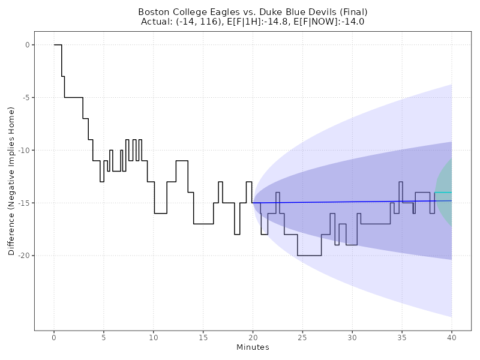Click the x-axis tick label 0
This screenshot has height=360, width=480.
tap(54, 338)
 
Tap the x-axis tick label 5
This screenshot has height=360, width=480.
tap(104, 338)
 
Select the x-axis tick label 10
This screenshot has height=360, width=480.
tap(154, 338)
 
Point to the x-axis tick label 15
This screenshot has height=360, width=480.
tap(203, 338)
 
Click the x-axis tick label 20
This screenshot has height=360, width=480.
tap(253, 338)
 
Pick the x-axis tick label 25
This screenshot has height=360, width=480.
tap(302, 338)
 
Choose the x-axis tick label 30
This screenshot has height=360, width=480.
tap(352, 338)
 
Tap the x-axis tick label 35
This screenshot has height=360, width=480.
tap(401, 338)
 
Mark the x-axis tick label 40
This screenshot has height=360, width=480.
tap(451, 338)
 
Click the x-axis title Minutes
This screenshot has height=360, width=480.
tap(253, 348)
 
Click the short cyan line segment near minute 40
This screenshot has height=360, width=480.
tap(443, 192)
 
